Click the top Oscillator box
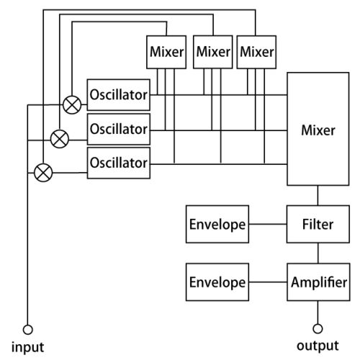point(119,95)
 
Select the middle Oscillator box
point(119,129)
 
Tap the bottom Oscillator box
point(119,163)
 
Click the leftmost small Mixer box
point(166,52)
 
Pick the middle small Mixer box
point(213,52)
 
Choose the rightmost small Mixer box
point(256,52)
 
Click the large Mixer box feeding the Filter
point(318,129)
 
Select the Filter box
point(318,224)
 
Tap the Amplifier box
point(318,282)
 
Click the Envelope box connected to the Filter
point(217,224)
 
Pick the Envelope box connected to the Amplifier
point(217,282)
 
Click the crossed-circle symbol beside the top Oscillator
point(72,105)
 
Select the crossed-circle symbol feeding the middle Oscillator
point(60,139)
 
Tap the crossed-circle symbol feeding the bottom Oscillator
point(43,173)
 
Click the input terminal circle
point(28,330)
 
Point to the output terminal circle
point(318,328)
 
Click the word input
point(28,347)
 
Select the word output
point(318,346)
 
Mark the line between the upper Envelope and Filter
point(268,224)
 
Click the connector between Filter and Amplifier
point(318,253)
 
